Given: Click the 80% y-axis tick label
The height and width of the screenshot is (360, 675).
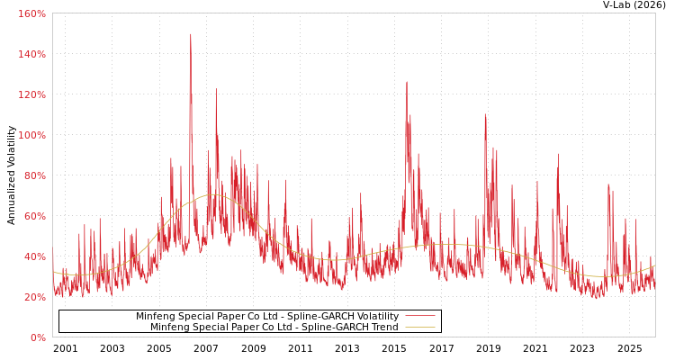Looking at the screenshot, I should [34, 175].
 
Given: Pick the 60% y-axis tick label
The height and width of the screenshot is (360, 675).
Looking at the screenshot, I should [34, 216].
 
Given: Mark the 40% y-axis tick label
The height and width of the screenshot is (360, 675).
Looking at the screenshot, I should [34, 256].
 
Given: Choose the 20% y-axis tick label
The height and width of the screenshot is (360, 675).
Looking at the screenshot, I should [34, 297].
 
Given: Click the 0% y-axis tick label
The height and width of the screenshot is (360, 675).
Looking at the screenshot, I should [38, 337].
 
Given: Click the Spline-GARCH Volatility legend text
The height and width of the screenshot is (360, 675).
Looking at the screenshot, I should [266, 316].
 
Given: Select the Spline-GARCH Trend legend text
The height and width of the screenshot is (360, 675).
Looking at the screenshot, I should [274, 327].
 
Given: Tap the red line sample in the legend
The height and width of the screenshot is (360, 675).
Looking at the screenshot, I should [419, 316].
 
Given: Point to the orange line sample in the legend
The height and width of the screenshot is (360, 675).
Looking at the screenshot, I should [419, 327].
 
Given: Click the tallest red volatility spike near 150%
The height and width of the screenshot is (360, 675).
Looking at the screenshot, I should [191, 35].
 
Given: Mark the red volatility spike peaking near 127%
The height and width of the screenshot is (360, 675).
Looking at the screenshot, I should [406, 82].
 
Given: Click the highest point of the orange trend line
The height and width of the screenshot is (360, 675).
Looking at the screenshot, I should [213, 194].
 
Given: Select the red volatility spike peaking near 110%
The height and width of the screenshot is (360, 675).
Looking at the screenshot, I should [485, 114].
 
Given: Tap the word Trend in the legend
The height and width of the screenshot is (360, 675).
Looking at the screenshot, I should [383, 327].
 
